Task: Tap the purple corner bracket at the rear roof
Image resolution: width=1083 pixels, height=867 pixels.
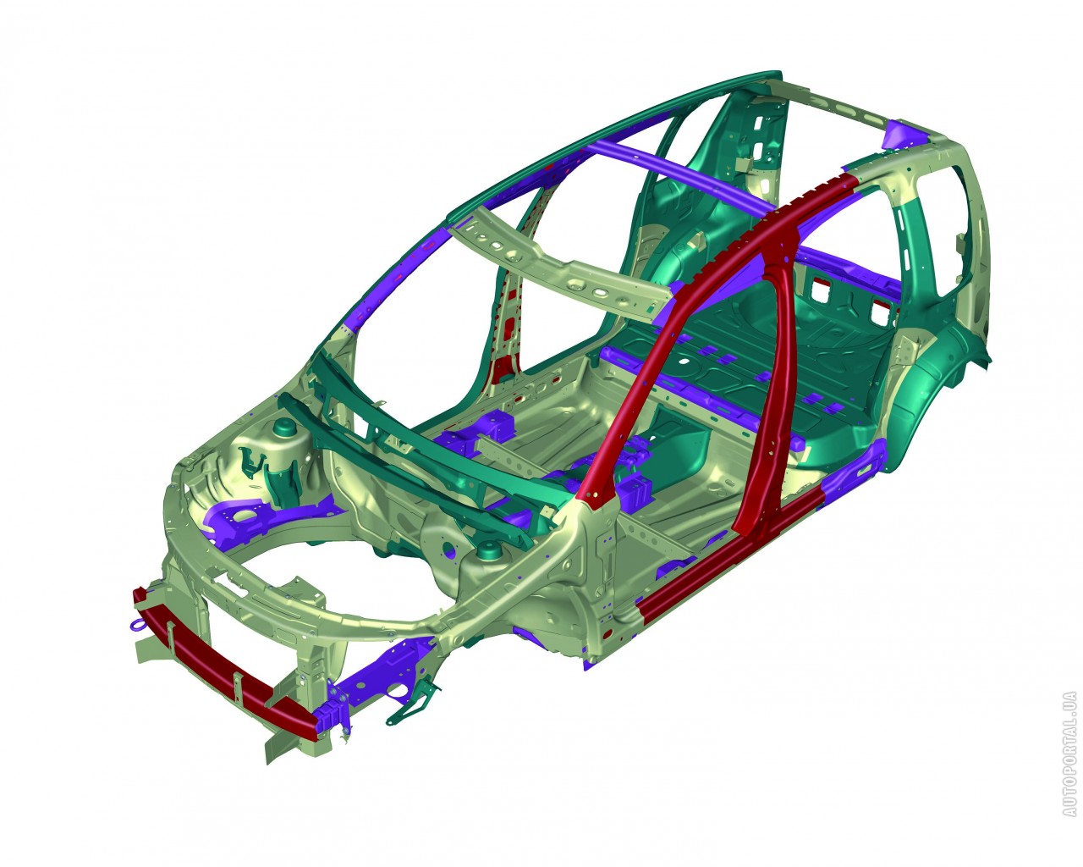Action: pos(904,135)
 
